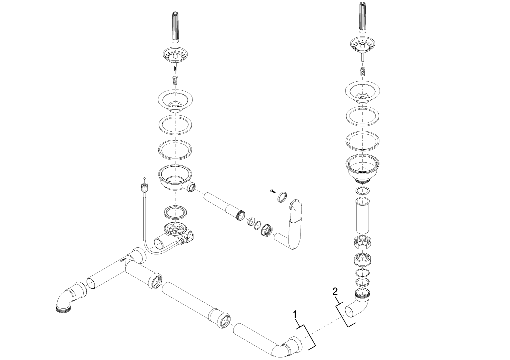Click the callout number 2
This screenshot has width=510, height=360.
[335, 291]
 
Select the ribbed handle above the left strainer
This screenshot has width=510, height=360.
[175, 31]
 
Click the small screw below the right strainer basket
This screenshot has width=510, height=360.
[362, 71]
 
